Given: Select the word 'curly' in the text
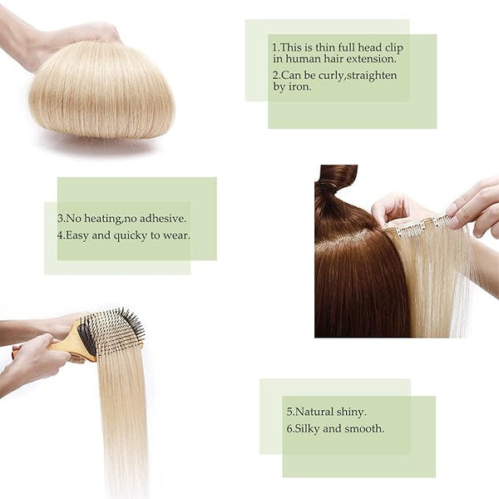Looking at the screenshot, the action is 331,76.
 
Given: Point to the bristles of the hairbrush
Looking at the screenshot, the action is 118,331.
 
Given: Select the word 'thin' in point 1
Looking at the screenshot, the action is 325,47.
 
